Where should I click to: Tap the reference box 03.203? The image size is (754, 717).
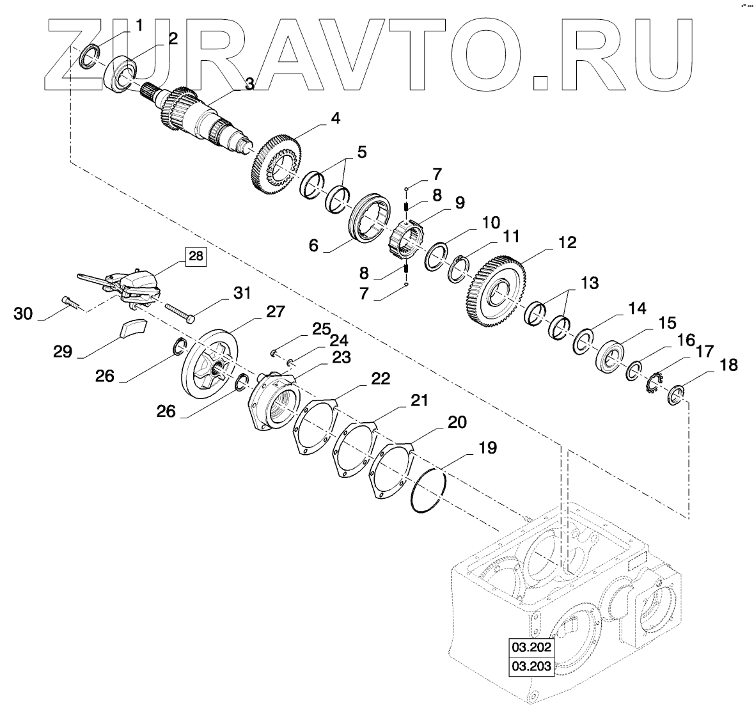531,666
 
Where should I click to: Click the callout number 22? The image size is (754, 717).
381,379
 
